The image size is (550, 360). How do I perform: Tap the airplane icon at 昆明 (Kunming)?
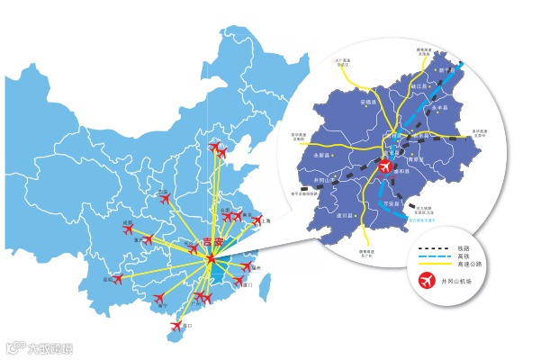[116, 279]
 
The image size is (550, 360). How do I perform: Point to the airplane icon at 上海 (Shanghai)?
[257, 220]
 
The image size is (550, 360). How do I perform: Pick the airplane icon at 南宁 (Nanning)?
[159, 296]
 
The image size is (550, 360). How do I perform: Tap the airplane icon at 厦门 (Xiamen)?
[239, 282]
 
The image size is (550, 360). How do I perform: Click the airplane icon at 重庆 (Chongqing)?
[149, 240]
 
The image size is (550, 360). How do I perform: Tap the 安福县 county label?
[368, 103]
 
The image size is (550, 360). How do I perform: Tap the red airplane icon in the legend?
[428, 281]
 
